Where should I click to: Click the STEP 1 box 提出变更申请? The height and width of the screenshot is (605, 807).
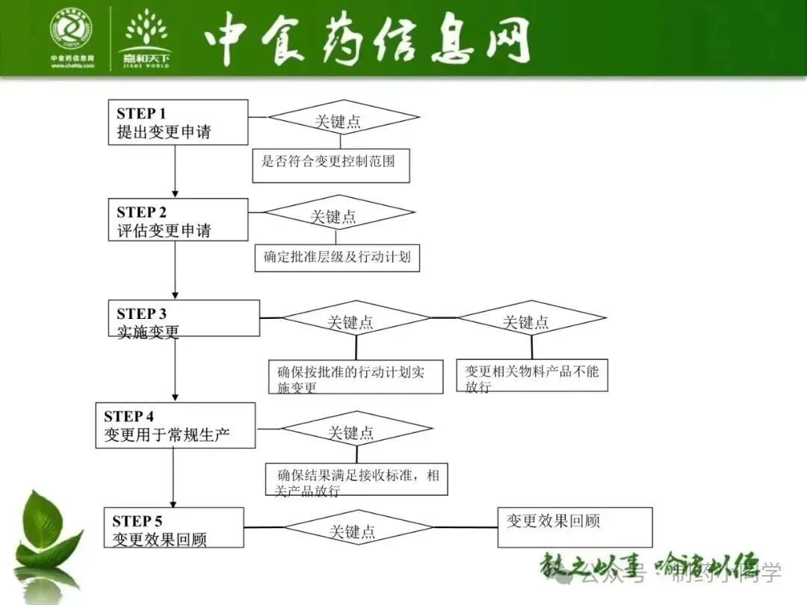177,122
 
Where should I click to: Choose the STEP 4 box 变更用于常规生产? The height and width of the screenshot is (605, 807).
175,426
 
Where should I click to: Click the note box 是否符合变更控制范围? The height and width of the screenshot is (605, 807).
331,166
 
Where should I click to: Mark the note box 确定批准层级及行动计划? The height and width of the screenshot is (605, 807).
337,258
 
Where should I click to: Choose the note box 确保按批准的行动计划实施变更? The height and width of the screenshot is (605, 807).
356,377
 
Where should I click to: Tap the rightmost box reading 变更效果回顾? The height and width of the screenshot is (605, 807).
575,527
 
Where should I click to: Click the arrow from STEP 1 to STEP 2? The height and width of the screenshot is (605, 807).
176,171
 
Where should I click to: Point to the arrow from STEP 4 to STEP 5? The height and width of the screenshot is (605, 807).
173,478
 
